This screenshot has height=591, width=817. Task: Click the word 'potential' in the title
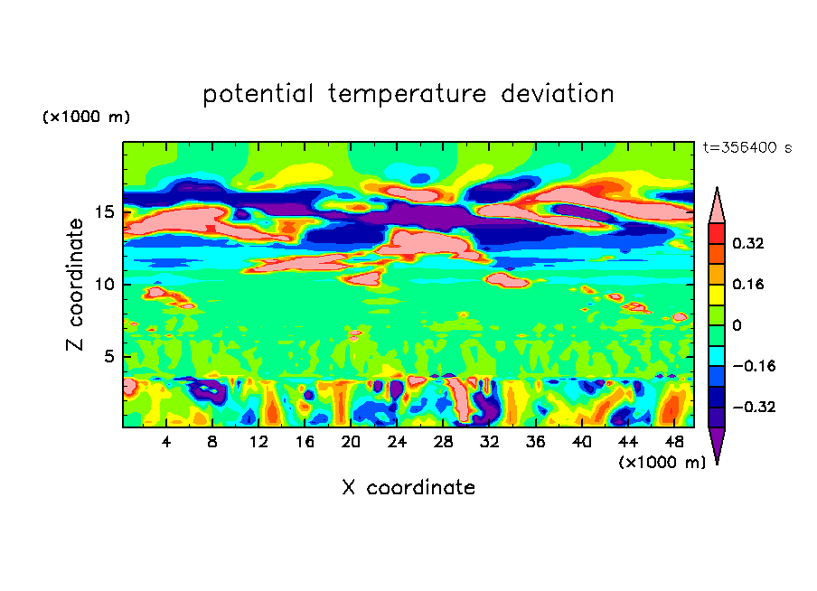[x=258, y=94]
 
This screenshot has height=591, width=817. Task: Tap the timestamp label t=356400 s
[x=747, y=147]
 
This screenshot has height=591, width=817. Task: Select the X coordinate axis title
[x=408, y=488]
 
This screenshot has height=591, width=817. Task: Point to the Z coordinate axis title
[x=76, y=285]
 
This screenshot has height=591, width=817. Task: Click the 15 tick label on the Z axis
[x=105, y=211]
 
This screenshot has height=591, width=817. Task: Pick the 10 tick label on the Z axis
[x=105, y=284]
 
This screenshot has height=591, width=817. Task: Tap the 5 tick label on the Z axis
[x=109, y=356]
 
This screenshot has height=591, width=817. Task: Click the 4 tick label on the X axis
[x=166, y=442]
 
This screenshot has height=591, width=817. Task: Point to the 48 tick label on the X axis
[x=673, y=442]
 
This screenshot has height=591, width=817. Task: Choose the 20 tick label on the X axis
[x=351, y=442]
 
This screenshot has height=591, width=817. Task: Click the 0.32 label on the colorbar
[x=749, y=243]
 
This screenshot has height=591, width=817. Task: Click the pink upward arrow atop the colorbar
[x=717, y=205]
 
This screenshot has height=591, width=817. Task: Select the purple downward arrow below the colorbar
[x=717, y=445]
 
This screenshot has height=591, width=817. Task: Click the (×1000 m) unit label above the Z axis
[x=86, y=117]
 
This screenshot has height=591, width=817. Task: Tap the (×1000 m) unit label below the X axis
[x=662, y=462]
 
